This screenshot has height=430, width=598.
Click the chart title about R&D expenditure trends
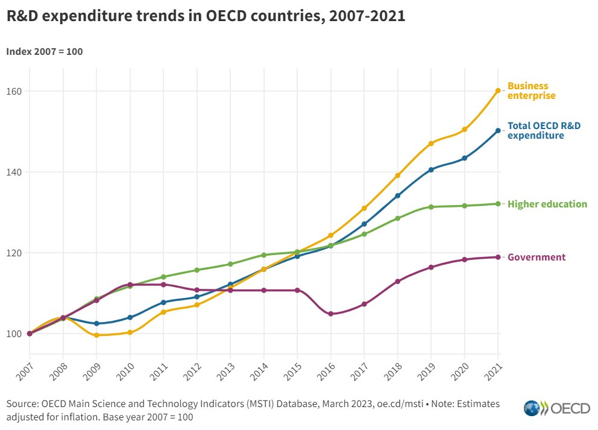pyautogui.click(x=206, y=17)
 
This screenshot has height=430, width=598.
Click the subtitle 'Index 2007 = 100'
pyautogui.click(x=44, y=51)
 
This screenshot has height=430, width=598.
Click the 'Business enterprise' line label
pyautogui.click(x=531, y=90)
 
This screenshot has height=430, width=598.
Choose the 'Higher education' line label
pyautogui.click(x=547, y=204)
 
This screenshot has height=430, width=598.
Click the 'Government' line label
pyautogui.click(x=536, y=257)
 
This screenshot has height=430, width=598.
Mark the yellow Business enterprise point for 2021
pyautogui.click(x=498, y=91)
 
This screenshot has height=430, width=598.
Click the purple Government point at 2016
pyautogui.click(x=330, y=314)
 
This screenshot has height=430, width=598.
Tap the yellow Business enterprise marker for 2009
pyautogui.click(x=96, y=335)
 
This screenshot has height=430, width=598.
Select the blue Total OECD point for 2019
pyautogui.click(x=431, y=169)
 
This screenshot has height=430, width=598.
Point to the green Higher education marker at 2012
pyautogui.click(x=197, y=270)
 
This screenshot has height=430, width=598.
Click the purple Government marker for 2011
pyautogui.click(x=163, y=284)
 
